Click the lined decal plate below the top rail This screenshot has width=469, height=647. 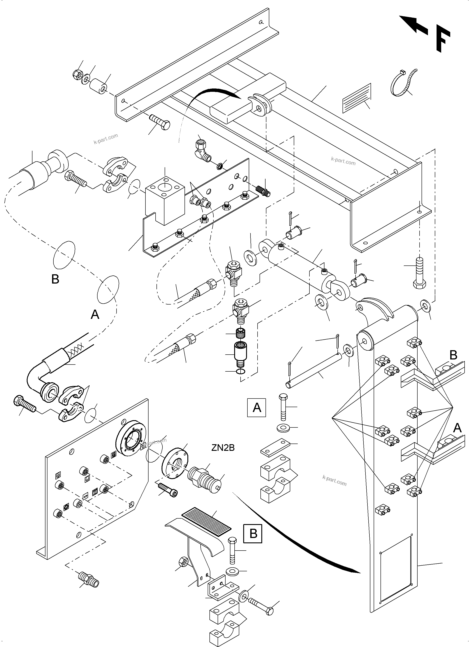(357, 97)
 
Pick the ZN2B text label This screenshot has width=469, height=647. (223, 448)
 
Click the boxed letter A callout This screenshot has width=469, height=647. (256, 408)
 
